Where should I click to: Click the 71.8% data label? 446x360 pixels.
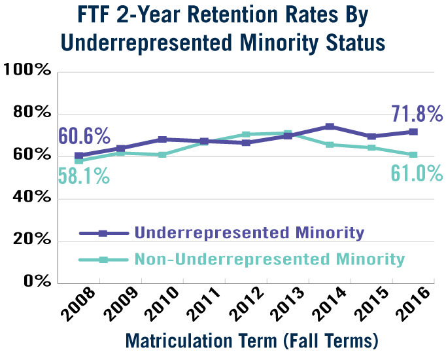tap(417, 114)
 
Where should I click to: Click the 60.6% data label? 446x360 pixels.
tap(84, 136)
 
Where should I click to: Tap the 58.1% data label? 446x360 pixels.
tap(84, 176)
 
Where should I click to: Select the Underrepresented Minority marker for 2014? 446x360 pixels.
tap(330, 126)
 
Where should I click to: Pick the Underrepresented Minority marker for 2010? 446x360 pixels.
tap(162, 139)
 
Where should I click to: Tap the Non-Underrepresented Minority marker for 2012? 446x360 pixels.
tap(246, 135)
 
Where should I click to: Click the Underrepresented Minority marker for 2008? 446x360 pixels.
tap(78, 156)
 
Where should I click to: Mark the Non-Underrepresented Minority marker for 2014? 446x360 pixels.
tap(330, 145)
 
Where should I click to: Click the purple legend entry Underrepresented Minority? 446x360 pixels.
tap(249, 232)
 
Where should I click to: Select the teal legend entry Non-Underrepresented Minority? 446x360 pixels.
tap(269, 259)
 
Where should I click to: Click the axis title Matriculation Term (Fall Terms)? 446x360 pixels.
tap(252, 341)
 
